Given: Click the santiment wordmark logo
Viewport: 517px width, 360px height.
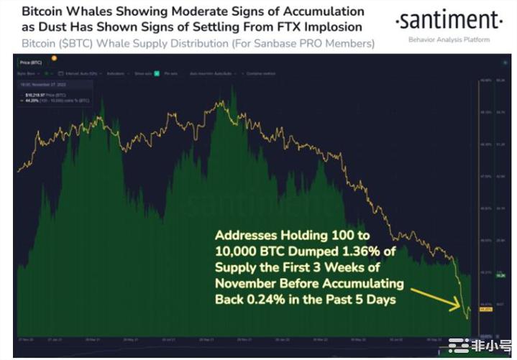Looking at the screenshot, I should [449, 19].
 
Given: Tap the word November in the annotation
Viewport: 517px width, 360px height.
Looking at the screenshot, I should [247, 281].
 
